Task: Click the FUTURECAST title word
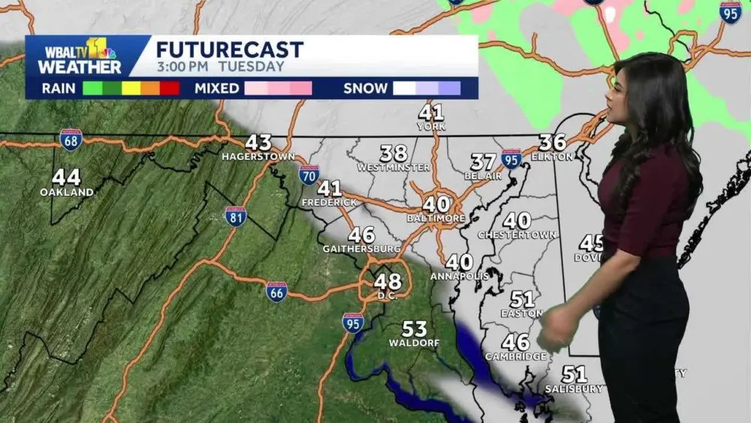pyautogui.click(x=230, y=50)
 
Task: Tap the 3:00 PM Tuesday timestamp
pyautogui.click(x=221, y=67)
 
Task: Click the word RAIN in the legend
pyautogui.click(x=58, y=89)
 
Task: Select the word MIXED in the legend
pyautogui.click(x=217, y=89)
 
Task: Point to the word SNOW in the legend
pyautogui.click(x=365, y=89)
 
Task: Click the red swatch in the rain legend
pyautogui.click(x=170, y=89)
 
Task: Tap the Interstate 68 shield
pyautogui.click(x=71, y=139)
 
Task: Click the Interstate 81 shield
pyautogui.click(x=236, y=216)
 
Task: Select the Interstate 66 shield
pyautogui.click(x=276, y=292)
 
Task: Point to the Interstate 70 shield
pyautogui.click(x=309, y=175)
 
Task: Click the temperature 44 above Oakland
pyautogui.click(x=66, y=178)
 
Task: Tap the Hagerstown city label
pyautogui.click(x=258, y=156)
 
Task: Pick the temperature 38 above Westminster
pyautogui.click(x=394, y=153)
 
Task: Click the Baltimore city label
pyautogui.click(x=436, y=218)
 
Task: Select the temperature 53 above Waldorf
pyautogui.click(x=414, y=329)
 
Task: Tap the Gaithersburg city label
pyautogui.click(x=361, y=249)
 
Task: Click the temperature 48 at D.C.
pyautogui.click(x=388, y=282)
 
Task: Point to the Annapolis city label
pyautogui.click(x=459, y=276)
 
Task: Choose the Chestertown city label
pyautogui.click(x=517, y=235)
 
